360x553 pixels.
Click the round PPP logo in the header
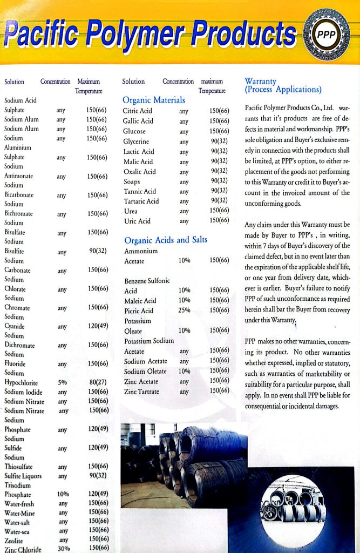click(325, 35)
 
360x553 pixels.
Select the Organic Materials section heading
click(154, 100)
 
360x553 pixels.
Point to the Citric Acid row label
click(138, 111)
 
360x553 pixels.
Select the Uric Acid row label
click(137, 221)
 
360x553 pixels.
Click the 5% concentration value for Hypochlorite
click(62, 382)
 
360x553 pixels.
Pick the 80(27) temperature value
click(97, 382)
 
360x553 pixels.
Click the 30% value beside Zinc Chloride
click(63, 548)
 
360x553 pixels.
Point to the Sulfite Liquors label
click(23, 476)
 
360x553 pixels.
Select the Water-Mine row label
click(19, 512)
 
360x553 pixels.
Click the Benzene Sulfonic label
click(147, 281)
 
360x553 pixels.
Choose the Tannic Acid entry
click(139, 191)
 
